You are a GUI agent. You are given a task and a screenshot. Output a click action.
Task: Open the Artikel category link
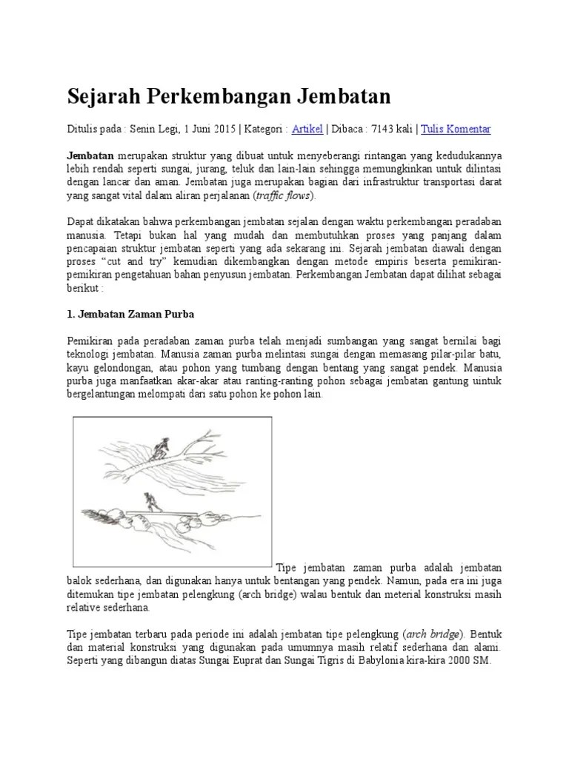tap(307, 129)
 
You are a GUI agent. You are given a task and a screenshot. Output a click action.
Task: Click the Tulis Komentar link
tap(456, 129)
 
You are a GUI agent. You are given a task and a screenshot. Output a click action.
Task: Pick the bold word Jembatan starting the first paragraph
tap(90, 155)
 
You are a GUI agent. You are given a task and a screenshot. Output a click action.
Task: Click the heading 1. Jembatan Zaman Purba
tap(130, 315)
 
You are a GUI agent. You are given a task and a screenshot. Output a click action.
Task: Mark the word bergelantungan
tap(104, 395)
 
